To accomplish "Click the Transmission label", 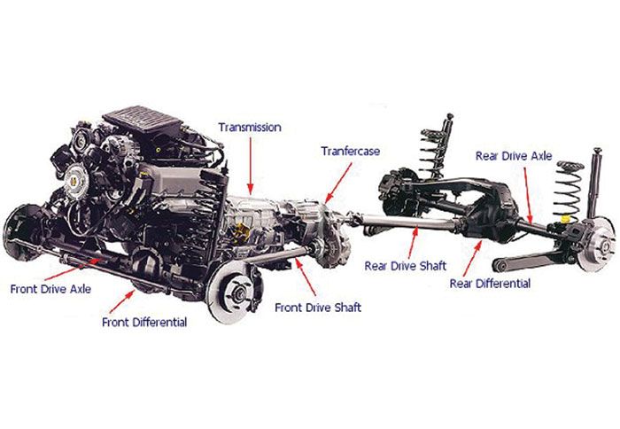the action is click(250, 127).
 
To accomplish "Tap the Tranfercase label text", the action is click(351, 152).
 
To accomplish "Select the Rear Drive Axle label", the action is click(514, 156).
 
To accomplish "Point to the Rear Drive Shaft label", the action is click(406, 266).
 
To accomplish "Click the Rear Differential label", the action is click(490, 284).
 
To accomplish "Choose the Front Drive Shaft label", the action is click(318, 308).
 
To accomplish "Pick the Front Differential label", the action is click(144, 322).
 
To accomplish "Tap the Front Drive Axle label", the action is click(50, 289).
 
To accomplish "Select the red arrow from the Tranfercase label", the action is click(338, 183).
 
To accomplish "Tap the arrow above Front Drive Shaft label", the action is click(306, 277).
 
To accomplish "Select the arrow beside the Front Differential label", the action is click(122, 301).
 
